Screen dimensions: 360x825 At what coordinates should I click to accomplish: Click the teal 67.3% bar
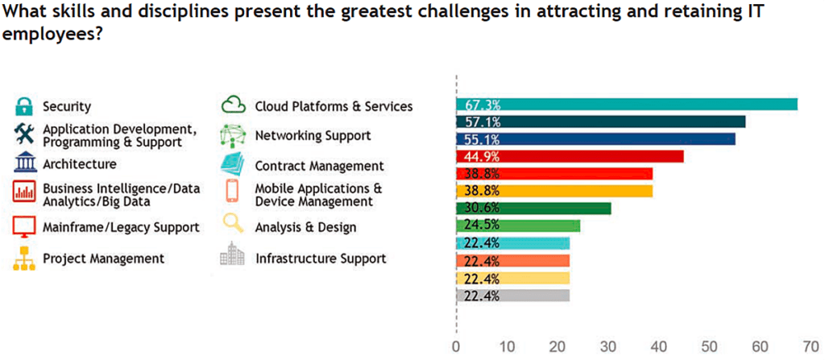[627, 104]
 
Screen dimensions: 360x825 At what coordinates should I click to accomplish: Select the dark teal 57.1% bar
[601, 122]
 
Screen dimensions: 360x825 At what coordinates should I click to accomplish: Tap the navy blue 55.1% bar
[595, 139]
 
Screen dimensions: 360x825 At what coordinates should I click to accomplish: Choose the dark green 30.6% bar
[533, 209]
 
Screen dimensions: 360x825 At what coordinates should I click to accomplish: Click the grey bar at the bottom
[512, 296]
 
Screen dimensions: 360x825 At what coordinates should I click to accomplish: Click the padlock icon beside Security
[24, 106]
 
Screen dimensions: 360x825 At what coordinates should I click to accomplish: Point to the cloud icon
[233, 106]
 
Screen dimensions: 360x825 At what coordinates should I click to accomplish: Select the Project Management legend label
[103, 259]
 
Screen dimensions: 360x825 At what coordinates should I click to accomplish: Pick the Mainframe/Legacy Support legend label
[121, 227]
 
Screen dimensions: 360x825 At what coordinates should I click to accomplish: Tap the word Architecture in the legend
[79, 164]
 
